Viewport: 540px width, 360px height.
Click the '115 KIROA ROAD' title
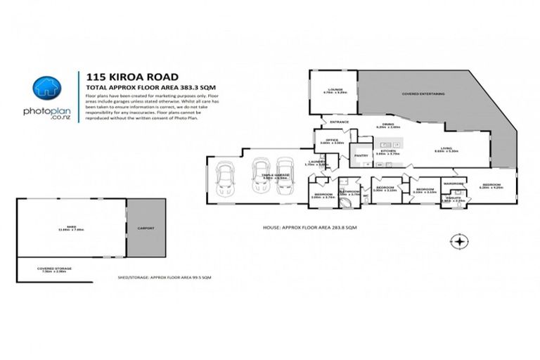[131, 77]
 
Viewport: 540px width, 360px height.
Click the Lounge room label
[331, 89]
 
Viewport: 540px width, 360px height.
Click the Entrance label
[340, 122]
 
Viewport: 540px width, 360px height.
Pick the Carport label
[146, 229]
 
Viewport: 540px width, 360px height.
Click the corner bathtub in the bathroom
[347, 202]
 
